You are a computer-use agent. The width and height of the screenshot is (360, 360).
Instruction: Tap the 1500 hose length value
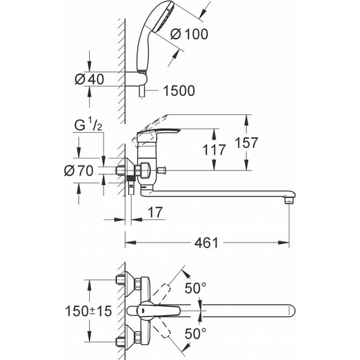[x=177, y=91]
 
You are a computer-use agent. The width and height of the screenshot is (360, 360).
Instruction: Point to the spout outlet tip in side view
[x=289, y=200]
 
